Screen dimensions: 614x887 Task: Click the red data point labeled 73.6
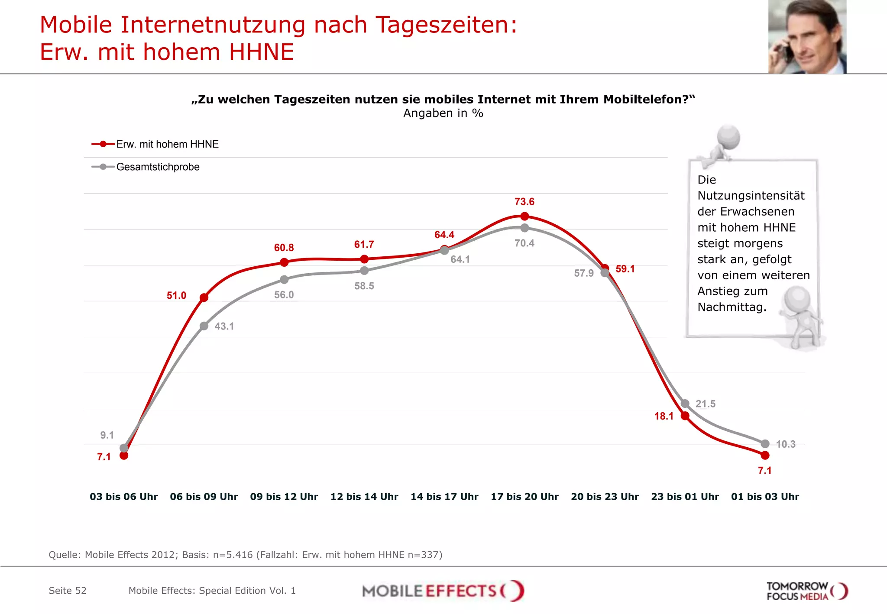(x=524, y=216)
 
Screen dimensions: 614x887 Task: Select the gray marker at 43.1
(x=204, y=326)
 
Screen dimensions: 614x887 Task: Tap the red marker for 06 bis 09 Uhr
(x=204, y=297)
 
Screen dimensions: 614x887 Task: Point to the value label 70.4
(x=524, y=243)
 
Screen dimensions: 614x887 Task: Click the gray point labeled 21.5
(x=685, y=404)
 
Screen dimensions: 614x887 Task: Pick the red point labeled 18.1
(x=685, y=416)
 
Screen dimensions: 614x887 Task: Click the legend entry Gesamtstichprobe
(x=158, y=167)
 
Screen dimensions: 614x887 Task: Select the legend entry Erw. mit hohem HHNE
(x=167, y=144)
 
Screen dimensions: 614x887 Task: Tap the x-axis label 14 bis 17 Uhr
(x=444, y=497)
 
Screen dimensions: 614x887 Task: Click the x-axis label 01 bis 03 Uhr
(x=765, y=497)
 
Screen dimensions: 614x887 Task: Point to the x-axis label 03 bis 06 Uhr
(x=124, y=497)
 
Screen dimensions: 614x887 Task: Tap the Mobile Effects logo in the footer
(x=443, y=591)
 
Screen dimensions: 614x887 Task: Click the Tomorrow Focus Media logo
(x=806, y=591)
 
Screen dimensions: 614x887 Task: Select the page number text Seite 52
(x=68, y=591)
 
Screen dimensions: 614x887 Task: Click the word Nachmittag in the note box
(x=731, y=307)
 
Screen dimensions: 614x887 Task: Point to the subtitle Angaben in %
(x=443, y=113)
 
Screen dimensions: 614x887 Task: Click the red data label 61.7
(x=364, y=245)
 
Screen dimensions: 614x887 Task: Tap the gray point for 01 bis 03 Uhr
(x=765, y=444)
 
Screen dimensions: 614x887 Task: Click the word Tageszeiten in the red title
(x=446, y=25)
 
